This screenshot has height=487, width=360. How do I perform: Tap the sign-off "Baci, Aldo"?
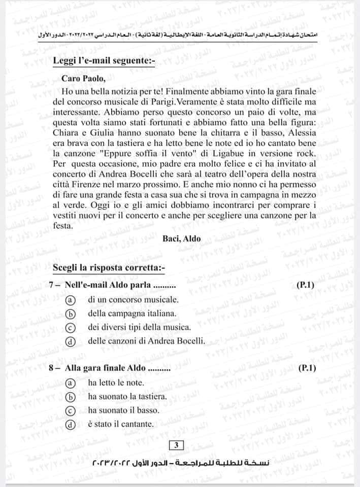[182, 238]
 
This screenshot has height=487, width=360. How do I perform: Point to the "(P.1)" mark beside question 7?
[305, 286]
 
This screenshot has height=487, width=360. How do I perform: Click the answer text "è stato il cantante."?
[120, 424]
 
